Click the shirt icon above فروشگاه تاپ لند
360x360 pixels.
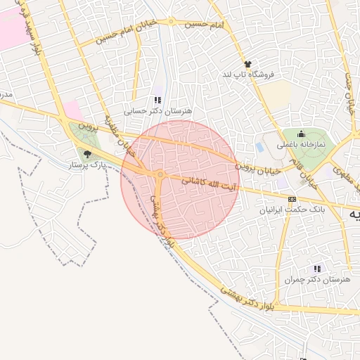(247, 65)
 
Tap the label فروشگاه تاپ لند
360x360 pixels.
(247, 74)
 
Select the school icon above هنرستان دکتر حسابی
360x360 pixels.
(157, 101)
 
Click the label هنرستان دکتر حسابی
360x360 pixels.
(157, 110)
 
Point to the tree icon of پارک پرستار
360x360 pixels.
(87, 154)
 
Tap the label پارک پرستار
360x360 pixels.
(87, 165)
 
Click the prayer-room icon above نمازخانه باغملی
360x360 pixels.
(301, 134)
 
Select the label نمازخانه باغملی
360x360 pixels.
(301, 144)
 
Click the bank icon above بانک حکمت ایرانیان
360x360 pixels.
(283, 199)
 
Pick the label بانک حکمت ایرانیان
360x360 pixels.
(283, 210)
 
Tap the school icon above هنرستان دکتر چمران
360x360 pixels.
(317, 269)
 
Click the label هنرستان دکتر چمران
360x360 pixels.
(317, 279)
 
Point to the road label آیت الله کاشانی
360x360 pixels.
(203, 181)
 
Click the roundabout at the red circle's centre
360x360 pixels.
(161, 174)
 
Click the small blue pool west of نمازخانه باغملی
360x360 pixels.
(259, 148)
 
